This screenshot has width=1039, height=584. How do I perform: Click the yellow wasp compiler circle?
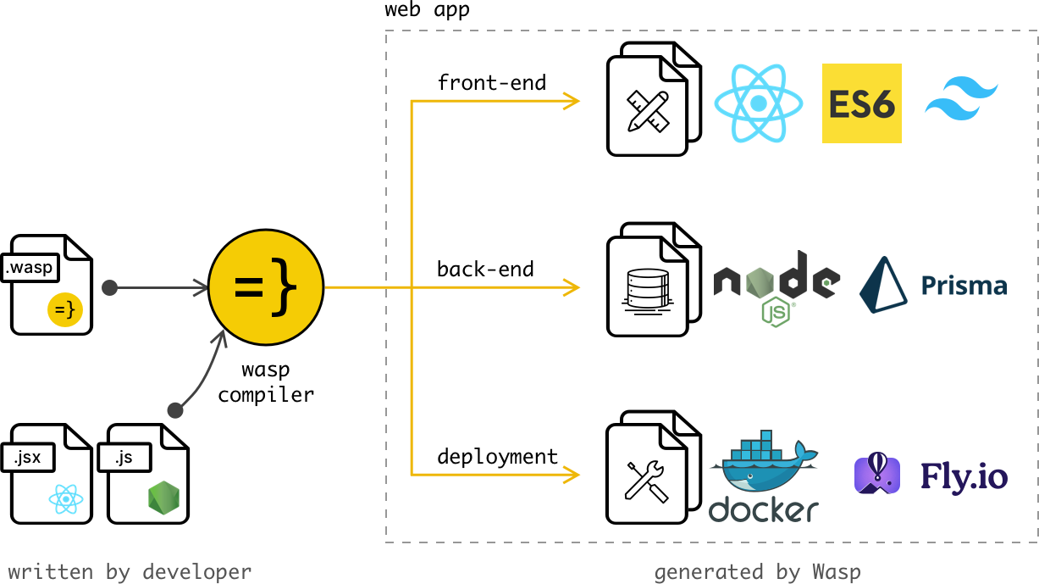266,287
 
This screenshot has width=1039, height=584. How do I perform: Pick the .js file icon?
147,474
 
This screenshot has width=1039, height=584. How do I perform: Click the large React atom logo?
758,103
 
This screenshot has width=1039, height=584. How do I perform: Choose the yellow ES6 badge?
861,103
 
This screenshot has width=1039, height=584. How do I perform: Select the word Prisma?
964,286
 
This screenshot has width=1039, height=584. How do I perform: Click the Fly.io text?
964,476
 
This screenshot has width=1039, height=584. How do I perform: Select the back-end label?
485,270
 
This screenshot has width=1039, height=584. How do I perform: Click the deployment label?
497,457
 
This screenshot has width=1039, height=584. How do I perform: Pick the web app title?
427,10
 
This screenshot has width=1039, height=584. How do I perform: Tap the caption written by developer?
130,571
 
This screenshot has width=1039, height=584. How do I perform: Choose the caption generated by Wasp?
757,572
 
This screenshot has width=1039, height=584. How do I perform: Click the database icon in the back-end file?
646,288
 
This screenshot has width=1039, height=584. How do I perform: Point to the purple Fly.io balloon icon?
877,474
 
